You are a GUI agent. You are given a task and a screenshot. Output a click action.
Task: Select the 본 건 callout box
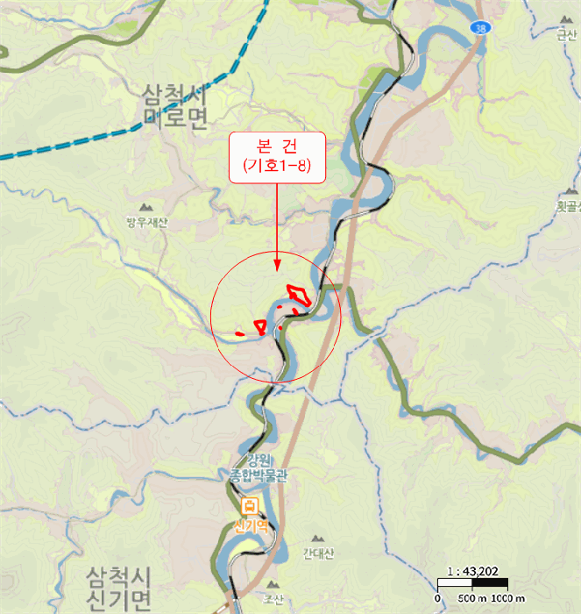point(277,157)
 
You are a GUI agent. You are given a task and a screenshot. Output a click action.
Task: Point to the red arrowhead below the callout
point(277,265)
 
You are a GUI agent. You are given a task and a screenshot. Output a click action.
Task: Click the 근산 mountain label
point(567,35)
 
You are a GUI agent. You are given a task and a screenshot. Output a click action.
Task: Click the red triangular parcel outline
point(259,326)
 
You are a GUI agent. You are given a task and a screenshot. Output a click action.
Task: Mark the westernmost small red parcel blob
point(240,333)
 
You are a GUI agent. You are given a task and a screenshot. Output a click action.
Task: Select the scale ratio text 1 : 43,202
point(472,571)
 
